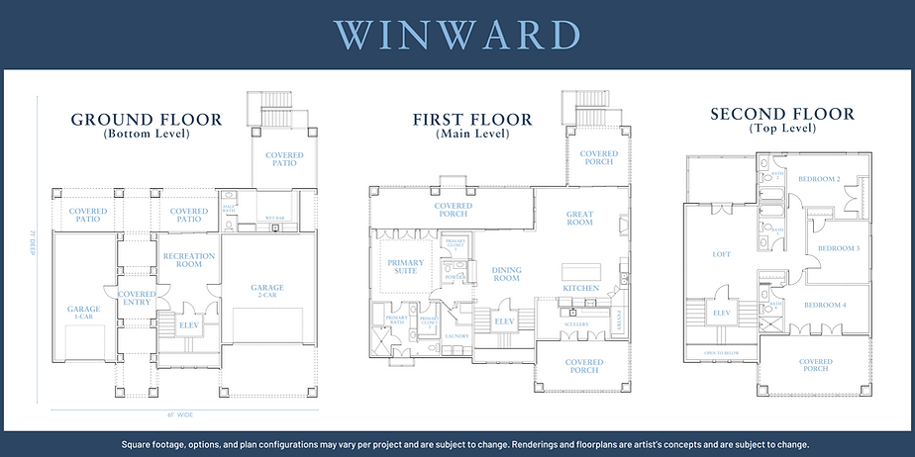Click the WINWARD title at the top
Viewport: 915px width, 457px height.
(457, 34)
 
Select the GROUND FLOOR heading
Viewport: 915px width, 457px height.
(147, 121)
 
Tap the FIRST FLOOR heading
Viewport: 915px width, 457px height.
(472, 121)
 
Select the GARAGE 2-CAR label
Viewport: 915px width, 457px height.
(266, 292)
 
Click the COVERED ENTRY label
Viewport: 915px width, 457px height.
(137, 298)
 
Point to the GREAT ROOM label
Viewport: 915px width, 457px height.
(579, 218)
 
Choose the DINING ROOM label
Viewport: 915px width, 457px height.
(506, 274)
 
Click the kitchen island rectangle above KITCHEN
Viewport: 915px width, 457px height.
(581, 271)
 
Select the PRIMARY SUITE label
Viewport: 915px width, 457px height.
(405, 268)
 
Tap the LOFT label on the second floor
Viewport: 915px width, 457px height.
(722, 254)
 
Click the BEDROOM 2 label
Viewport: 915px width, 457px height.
(819, 179)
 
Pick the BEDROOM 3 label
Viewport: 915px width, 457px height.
(837, 248)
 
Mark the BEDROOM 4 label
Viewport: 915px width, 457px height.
(824, 305)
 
